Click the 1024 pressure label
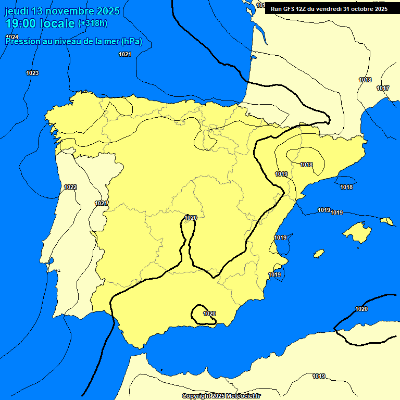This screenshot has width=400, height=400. (x=12, y=37)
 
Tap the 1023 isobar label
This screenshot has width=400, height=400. (x=32, y=73)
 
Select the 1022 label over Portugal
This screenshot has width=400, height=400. (x=70, y=187)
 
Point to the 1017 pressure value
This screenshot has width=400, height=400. (x=383, y=88)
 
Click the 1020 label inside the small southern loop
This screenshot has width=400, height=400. (x=209, y=314)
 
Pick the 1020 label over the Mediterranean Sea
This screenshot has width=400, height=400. (x=361, y=309)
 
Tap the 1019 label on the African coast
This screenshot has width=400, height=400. (x=319, y=376)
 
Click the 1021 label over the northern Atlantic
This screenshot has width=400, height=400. (x=125, y=54)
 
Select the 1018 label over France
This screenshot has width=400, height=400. (x=365, y=80)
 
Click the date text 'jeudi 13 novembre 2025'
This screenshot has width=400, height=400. (x=62, y=11)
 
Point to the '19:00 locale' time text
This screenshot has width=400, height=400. (x=40, y=23)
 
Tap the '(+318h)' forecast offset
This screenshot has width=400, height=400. (x=92, y=23)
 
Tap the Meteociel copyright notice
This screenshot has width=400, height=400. (x=221, y=396)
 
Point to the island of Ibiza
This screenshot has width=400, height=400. (x=319, y=254)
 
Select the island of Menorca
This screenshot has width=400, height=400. (x=386, y=221)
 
